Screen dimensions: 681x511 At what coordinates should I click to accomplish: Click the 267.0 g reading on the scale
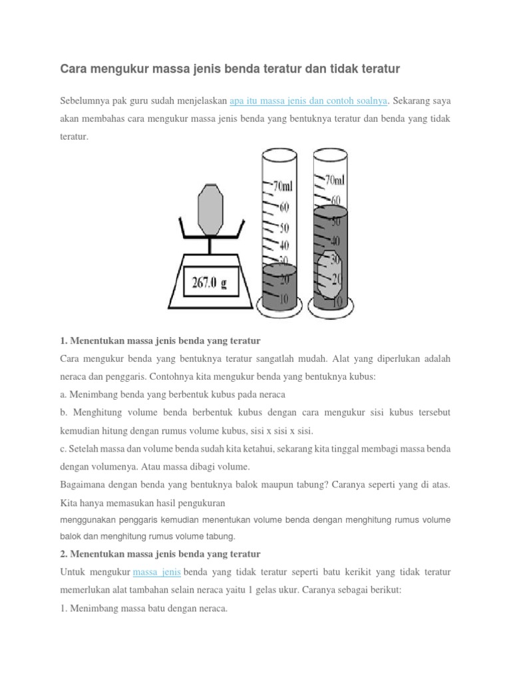coord(210,282)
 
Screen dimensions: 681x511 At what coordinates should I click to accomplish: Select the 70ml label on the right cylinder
coord(335,181)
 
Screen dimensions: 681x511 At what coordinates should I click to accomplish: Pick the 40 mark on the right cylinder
coord(335,240)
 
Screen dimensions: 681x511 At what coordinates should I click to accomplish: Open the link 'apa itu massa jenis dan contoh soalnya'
coord(308,101)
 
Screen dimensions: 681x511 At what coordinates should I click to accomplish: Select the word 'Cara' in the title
coord(73,68)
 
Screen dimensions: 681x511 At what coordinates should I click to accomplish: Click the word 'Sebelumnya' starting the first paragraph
coord(83,101)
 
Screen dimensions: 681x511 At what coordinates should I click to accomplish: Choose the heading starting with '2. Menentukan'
coord(160,554)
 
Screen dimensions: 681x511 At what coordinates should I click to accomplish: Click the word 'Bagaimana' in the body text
coord(83,485)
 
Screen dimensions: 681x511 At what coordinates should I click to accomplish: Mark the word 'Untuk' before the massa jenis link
coord(73,572)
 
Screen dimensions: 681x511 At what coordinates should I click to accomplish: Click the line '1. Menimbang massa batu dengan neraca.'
coord(144,608)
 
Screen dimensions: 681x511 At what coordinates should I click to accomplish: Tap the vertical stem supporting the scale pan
coord(211,245)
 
